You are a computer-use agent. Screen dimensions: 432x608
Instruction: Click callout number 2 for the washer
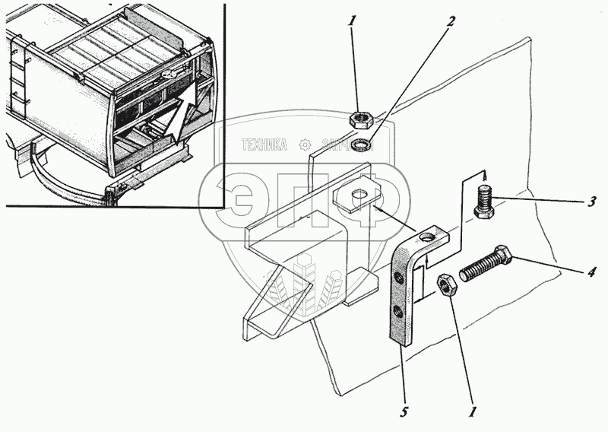pyautogui.click(x=451, y=21)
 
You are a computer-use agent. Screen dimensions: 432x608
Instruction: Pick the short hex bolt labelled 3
pyautogui.click(x=485, y=202)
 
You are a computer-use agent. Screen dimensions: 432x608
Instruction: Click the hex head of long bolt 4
pyautogui.click(x=503, y=254)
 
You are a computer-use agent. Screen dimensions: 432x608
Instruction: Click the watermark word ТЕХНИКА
pyautogui.click(x=264, y=145)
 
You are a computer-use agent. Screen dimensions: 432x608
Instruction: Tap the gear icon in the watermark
pyautogui.click(x=305, y=145)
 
